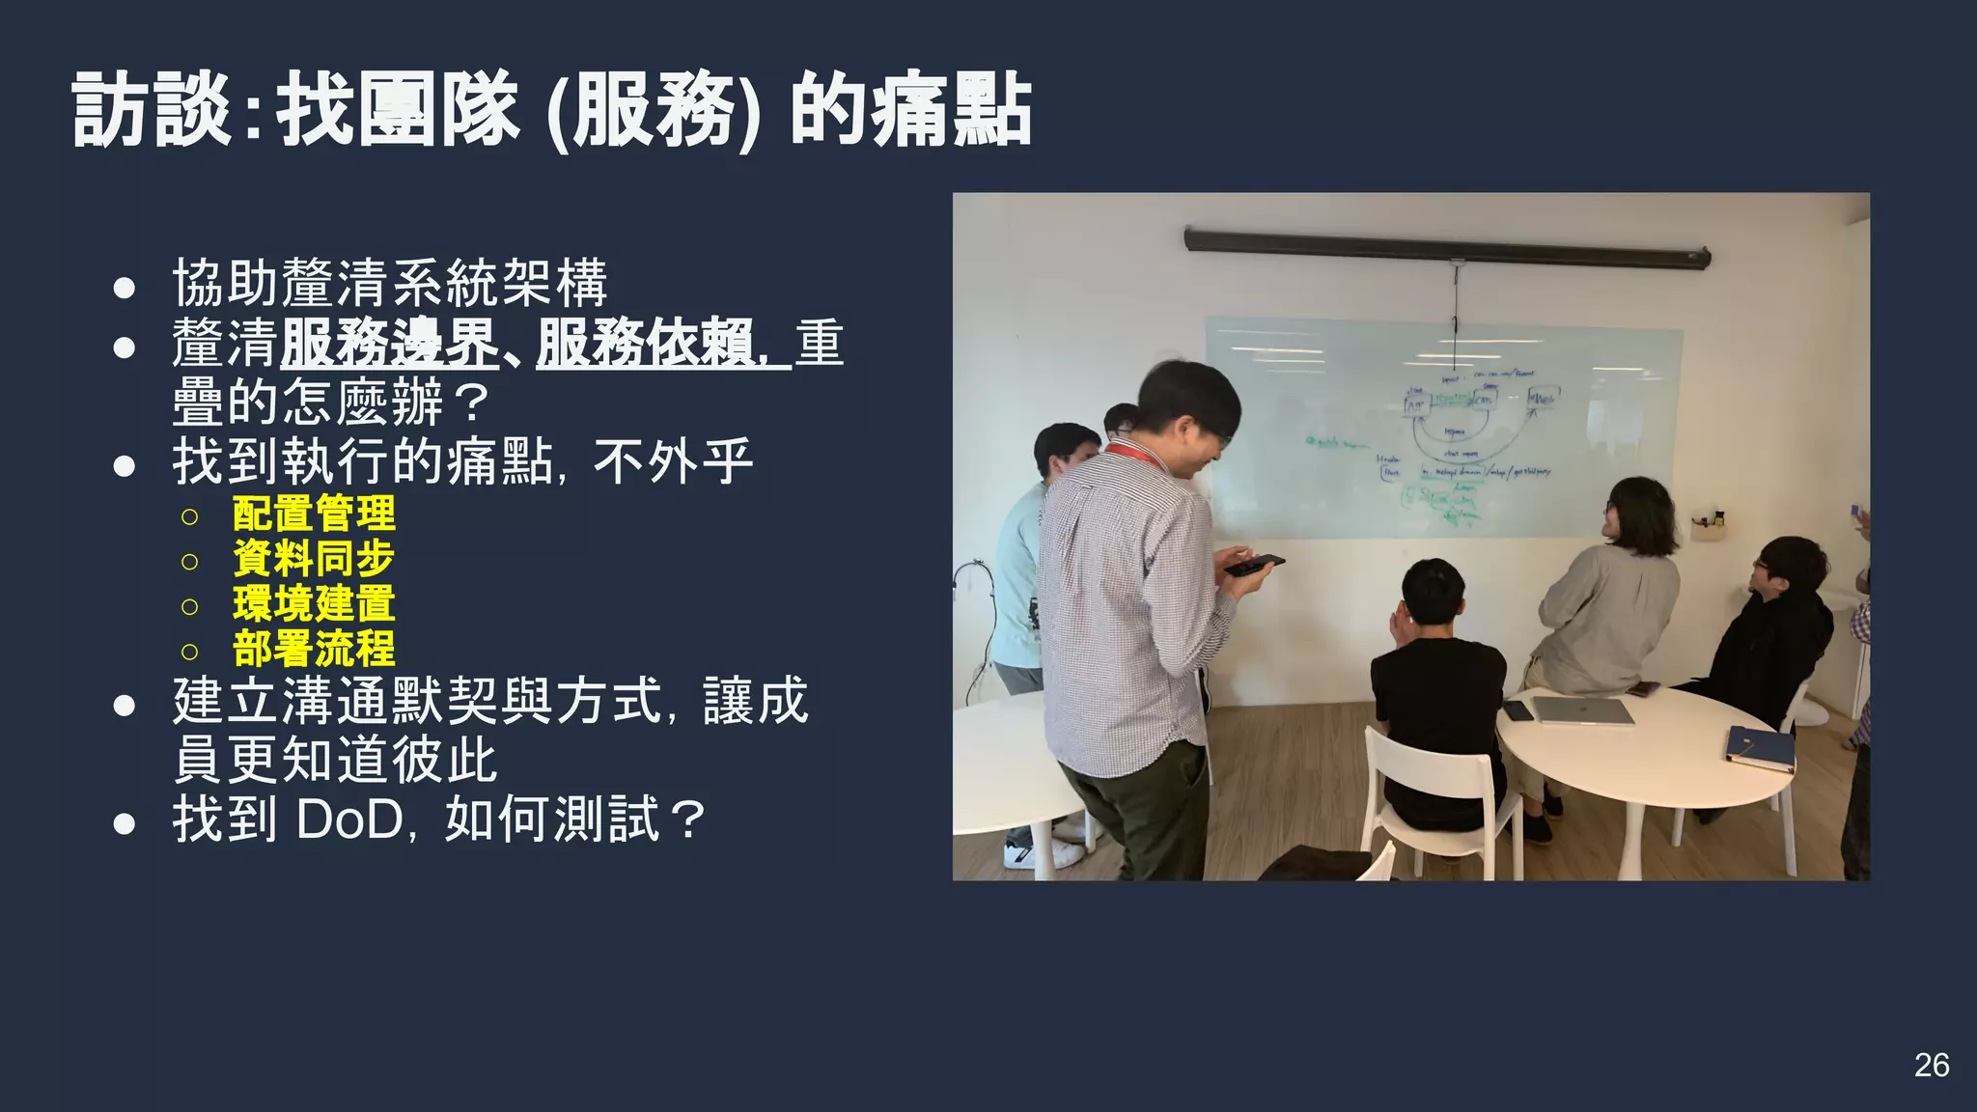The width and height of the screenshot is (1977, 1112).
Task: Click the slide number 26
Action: click(x=1932, y=1065)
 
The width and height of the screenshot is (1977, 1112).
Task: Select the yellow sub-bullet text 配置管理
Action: click(x=314, y=514)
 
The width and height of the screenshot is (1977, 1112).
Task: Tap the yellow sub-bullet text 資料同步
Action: click(x=314, y=559)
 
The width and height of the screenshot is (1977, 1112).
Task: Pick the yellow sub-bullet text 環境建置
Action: click(x=314, y=604)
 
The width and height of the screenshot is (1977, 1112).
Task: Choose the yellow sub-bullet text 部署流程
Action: click(x=314, y=649)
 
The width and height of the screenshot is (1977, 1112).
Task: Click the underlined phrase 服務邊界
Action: click(x=389, y=344)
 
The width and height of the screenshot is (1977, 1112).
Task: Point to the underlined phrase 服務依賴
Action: click(x=645, y=344)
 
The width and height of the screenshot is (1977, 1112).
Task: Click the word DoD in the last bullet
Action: click(x=349, y=820)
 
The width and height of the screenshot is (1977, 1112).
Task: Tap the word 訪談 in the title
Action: click(x=152, y=112)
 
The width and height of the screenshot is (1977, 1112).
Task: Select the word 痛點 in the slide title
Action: click(x=952, y=112)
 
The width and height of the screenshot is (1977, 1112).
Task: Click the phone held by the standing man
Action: click(x=1254, y=565)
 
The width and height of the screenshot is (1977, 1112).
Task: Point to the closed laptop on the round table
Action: click(x=1583, y=711)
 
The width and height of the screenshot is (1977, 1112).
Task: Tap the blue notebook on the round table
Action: click(x=1760, y=747)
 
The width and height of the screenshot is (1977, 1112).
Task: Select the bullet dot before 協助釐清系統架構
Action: click(x=124, y=287)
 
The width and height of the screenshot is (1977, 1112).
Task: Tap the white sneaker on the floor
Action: click(x=1042, y=852)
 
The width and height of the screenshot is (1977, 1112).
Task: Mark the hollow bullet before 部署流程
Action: click(x=189, y=652)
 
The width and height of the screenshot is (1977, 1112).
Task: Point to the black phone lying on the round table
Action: click(x=1517, y=710)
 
